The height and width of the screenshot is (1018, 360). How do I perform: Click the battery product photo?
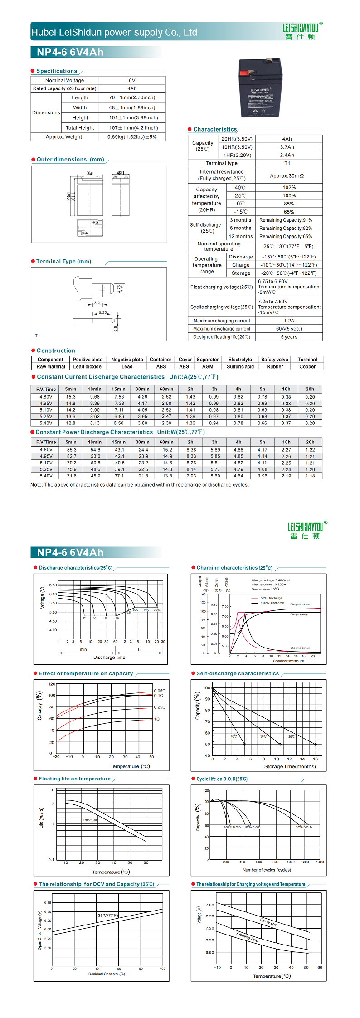[261, 89]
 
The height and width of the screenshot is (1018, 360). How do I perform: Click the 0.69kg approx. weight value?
[132, 137]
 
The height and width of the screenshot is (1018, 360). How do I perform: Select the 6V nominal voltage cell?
[132, 80]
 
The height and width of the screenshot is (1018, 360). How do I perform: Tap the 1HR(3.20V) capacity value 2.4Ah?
[287, 155]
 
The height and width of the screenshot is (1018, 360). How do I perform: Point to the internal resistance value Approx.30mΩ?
[287, 175]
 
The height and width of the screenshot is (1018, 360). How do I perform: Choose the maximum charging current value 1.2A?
[289, 321]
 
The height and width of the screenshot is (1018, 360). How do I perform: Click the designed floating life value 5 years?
[289, 337]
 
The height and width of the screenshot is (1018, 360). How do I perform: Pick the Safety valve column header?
[274, 360]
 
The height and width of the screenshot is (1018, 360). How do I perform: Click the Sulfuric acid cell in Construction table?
[240, 366]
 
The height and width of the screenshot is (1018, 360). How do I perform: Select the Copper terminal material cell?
[307, 366]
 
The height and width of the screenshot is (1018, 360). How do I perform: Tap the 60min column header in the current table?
[166, 389]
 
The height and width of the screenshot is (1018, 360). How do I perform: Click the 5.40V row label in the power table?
[46, 476]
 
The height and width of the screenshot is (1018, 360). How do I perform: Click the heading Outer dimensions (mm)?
[70, 160]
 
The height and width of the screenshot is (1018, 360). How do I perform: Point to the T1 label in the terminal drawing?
[38, 336]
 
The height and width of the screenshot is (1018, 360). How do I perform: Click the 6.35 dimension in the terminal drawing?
[103, 312]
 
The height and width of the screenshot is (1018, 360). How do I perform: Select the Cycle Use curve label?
[269, 922]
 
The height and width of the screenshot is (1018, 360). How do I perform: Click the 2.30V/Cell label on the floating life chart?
[90, 820]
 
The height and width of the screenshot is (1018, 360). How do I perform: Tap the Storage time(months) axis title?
[290, 766]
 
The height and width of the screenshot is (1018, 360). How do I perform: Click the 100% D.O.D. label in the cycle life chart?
[233, 827]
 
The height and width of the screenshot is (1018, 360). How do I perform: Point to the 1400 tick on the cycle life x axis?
[320, 862]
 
